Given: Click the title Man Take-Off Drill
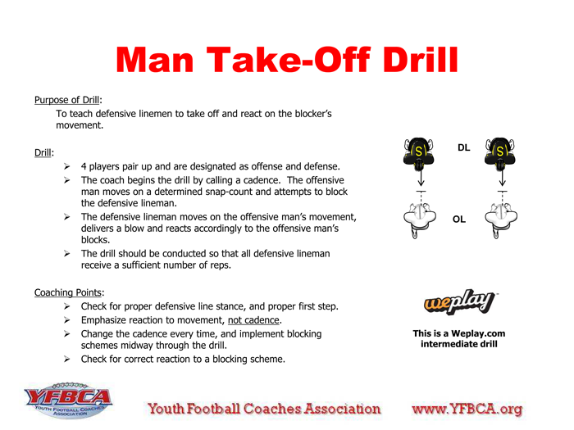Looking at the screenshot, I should click(286, 59).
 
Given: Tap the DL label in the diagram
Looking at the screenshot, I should click(463, 148).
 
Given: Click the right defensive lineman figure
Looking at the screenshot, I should click(501, 153).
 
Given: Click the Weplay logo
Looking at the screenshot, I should click(458, 304).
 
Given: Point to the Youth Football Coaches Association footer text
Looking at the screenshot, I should click(264, 408).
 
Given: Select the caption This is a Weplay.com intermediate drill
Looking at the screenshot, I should click(458, 338).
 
